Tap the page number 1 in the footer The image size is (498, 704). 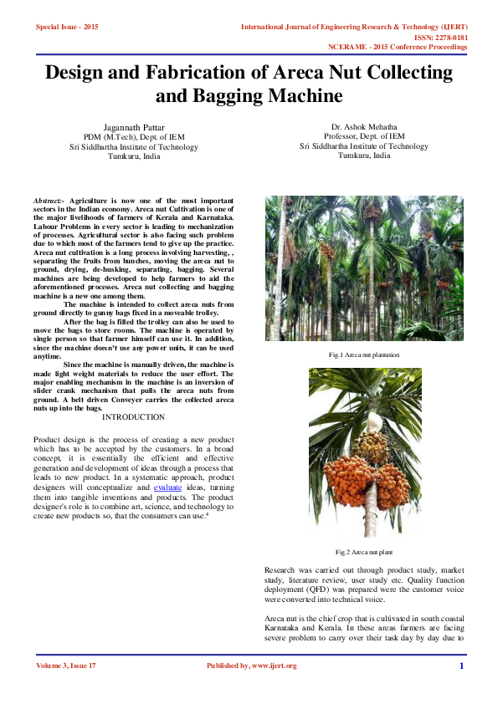(461, 666)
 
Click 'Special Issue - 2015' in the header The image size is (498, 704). (67, 28)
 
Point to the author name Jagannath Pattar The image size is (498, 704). (134, 126)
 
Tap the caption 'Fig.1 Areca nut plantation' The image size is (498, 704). (363, 355)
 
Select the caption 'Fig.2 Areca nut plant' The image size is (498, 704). (363, 553)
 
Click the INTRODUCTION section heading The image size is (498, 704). (133, 417)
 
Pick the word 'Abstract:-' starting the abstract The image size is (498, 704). (49, 202)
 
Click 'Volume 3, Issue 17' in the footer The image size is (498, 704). (66, 666)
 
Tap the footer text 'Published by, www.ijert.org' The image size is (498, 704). (251, 666)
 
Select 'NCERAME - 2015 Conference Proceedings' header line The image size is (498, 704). (398, 47)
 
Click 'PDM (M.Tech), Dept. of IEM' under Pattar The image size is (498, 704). (134, 136)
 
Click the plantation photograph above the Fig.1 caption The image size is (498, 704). (363, 268)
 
